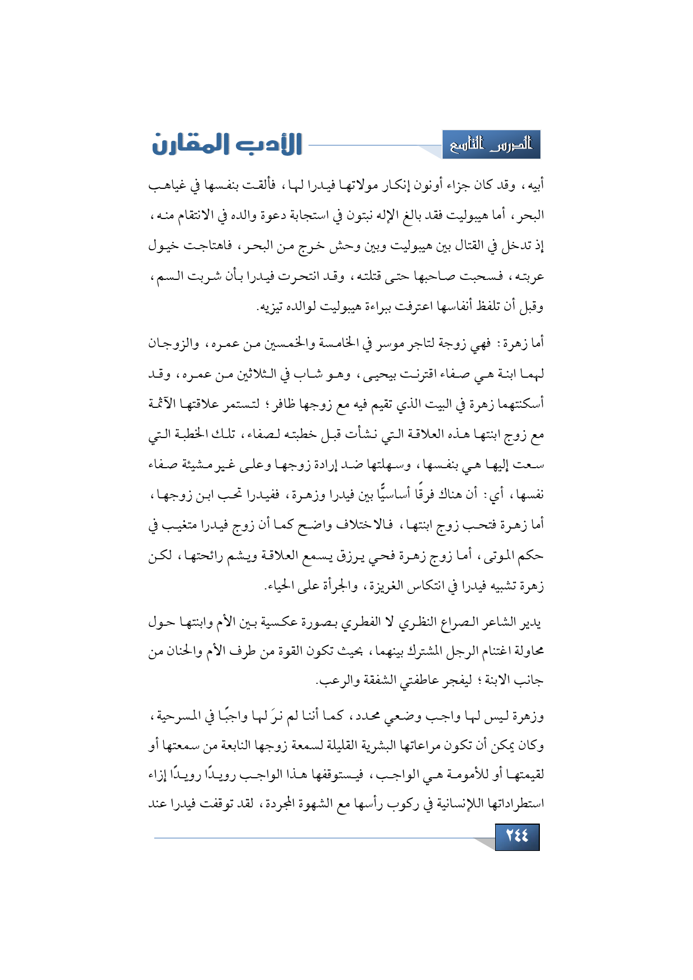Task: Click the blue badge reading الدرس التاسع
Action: tap(491, 145)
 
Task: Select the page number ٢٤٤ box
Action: tap(517, 836)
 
